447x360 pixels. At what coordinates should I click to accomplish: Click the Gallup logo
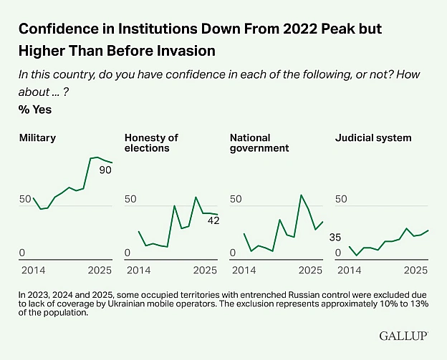point(404,336)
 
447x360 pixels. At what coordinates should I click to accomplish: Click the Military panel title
point(37,138)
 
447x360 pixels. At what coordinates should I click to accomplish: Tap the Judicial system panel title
point(373,138)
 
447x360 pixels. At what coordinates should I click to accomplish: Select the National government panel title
point(259,143)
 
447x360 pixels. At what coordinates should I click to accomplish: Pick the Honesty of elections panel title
point(151,143)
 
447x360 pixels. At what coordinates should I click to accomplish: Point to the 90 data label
point(105,170)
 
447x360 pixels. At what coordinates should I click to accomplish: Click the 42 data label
point(213,220)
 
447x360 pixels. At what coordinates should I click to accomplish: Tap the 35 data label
point(335,237)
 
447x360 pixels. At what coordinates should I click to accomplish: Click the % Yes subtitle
point(35,110)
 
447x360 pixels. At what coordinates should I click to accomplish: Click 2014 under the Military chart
point(34,270)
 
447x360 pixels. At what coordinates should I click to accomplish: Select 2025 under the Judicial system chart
point(415,270)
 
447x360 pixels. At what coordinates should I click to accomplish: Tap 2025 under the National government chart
point(310,270)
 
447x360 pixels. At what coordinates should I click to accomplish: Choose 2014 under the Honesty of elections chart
point(138,270)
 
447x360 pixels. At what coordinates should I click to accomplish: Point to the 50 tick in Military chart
point(25,199)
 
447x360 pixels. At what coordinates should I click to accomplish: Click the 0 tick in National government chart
point(233,253)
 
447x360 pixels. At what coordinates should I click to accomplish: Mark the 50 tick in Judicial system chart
point(341,199)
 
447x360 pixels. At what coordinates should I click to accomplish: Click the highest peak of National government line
point(302,195)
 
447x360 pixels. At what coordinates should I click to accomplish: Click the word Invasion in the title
point(187,51)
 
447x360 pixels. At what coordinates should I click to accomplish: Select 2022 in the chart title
point(300,29)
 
